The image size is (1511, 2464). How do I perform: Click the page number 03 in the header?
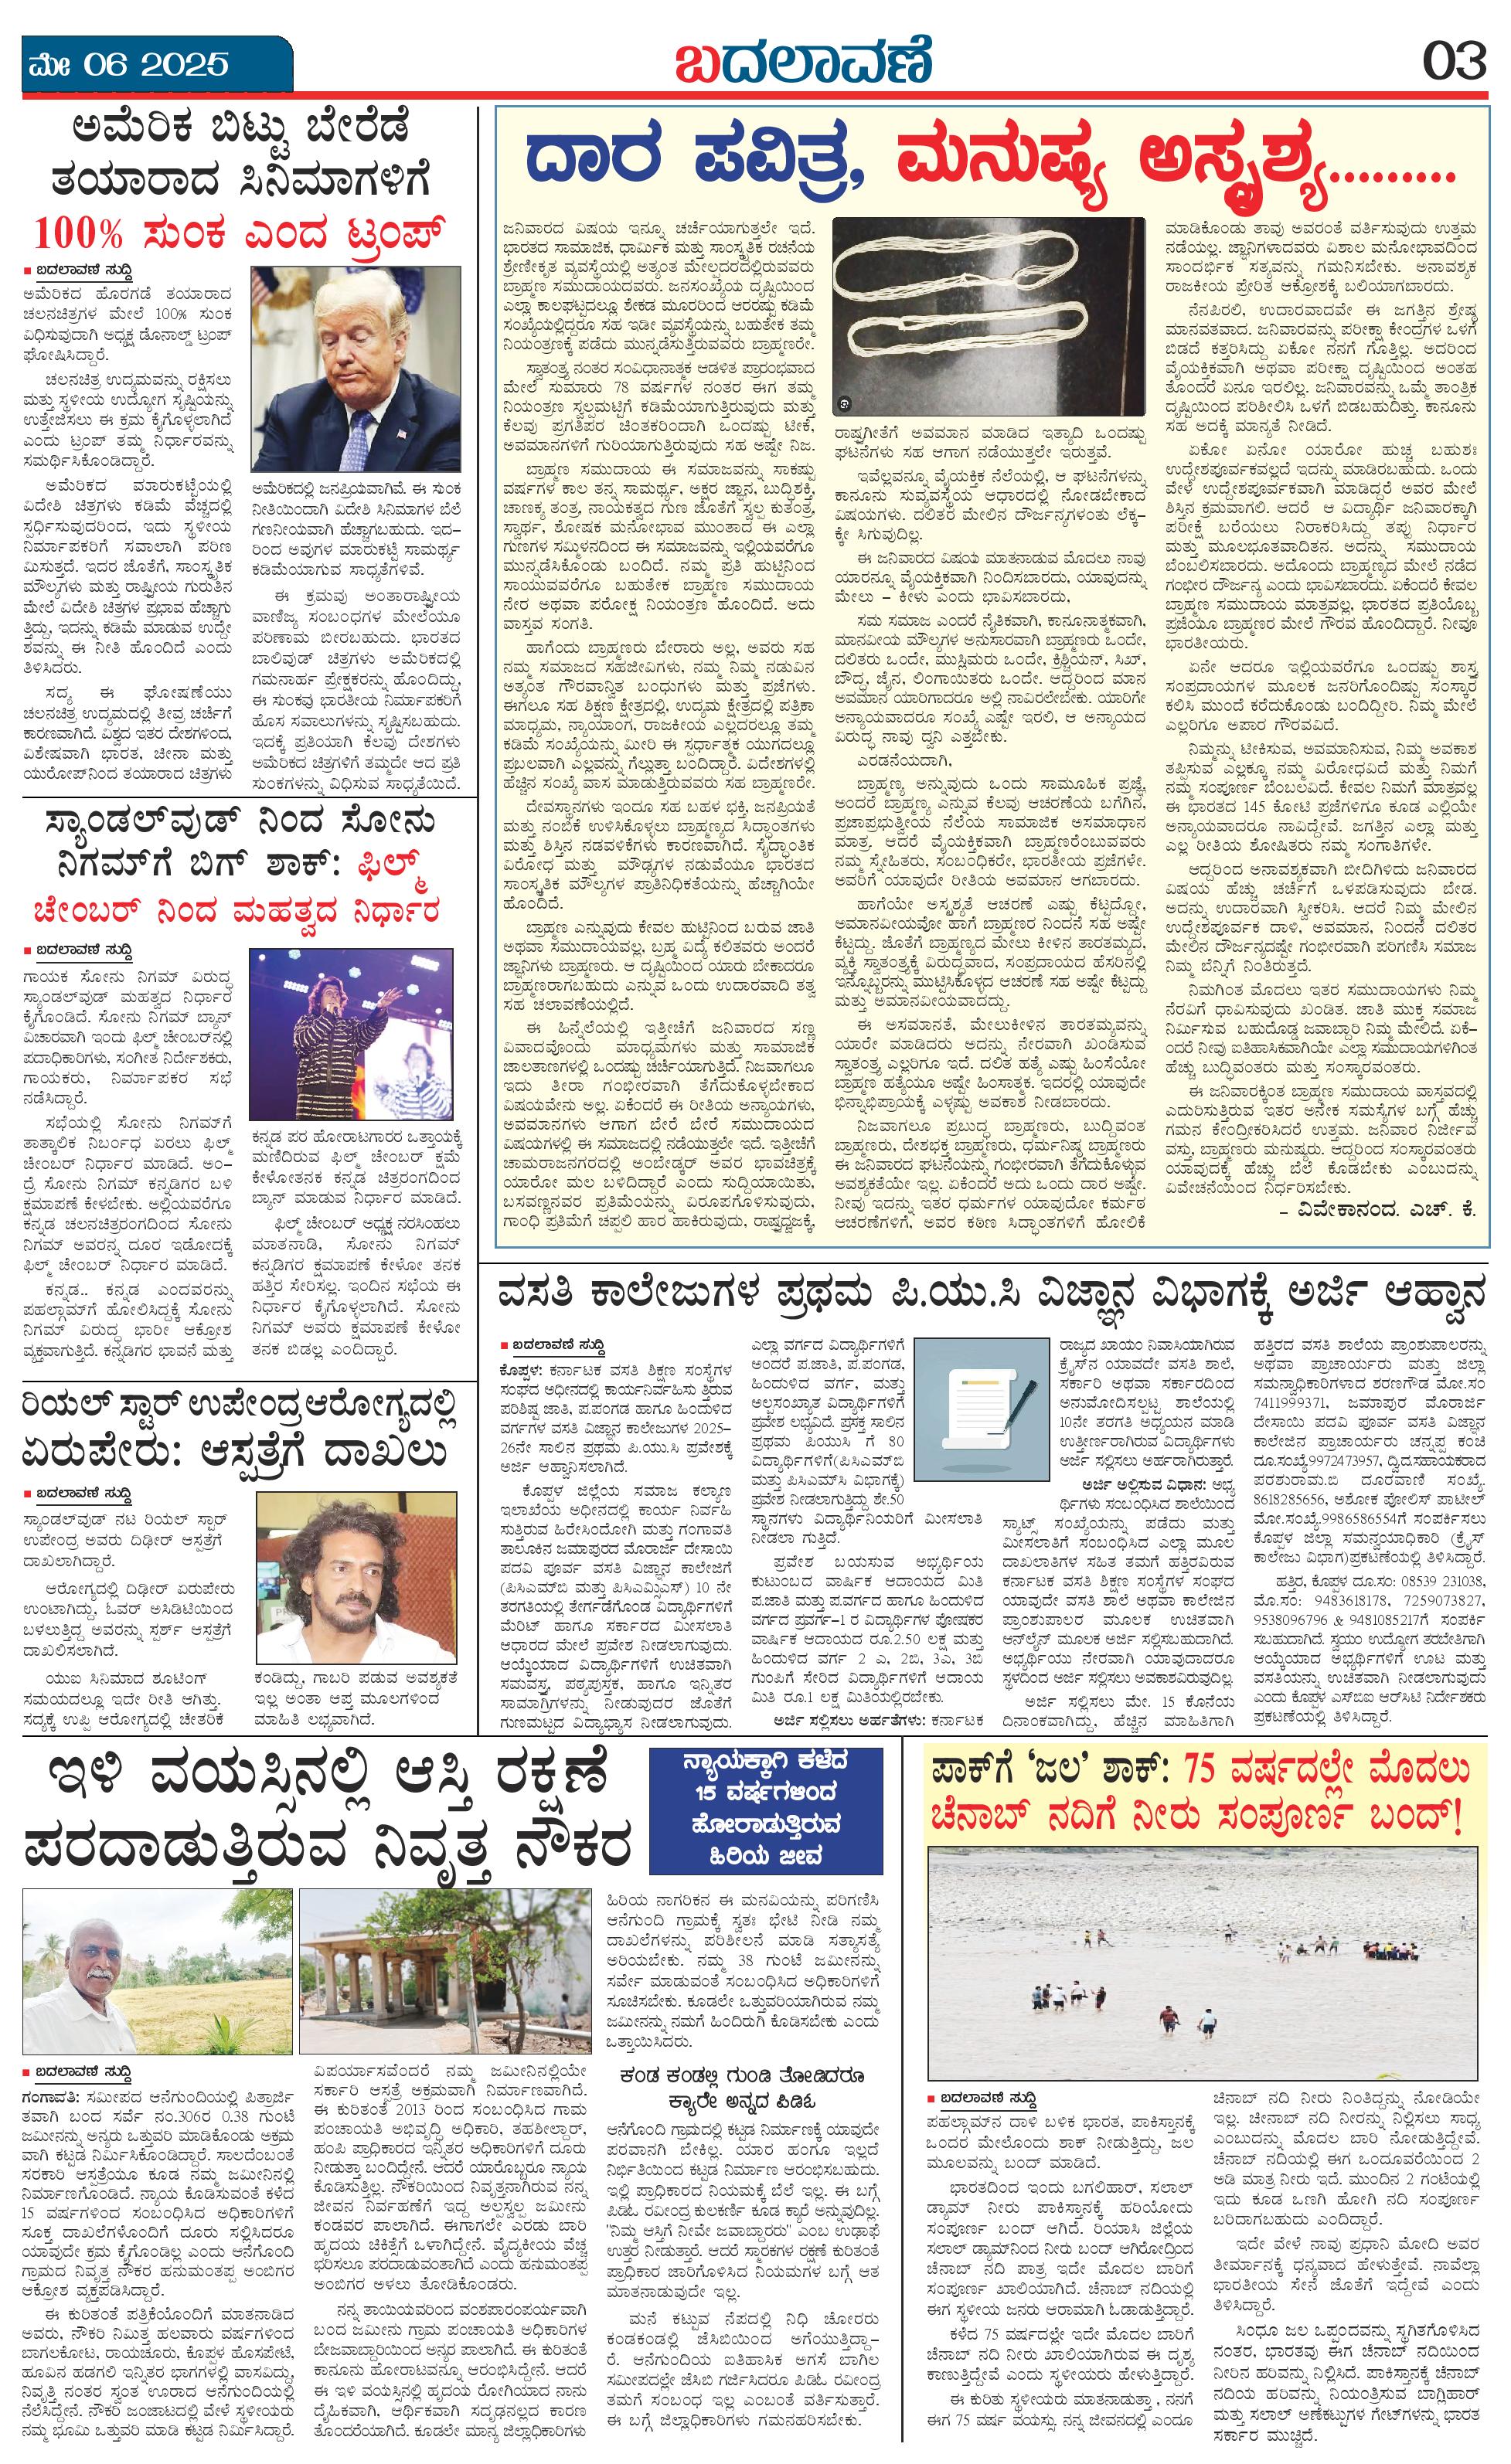tap(1455, 62)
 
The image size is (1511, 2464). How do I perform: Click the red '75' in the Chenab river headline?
tap(1209, 1771)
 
